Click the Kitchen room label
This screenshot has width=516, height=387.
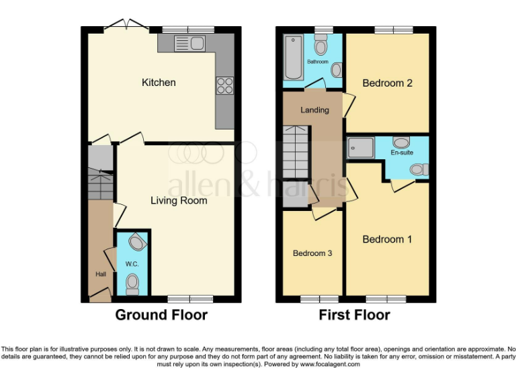coord(159,83)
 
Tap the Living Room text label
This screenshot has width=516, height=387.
coord(179,200)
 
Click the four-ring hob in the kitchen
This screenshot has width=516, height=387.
coord(224,85)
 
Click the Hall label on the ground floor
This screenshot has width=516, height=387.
coord(101,274)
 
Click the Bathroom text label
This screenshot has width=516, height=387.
coord(318,62)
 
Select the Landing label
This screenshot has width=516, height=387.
coord(314,110)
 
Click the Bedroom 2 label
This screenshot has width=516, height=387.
coord(387,83)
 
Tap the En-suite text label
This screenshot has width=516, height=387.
coord(402,153)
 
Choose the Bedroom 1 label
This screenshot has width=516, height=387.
coord(387,239)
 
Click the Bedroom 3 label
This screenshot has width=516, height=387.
coord(311,253)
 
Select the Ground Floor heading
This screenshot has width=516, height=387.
coord(161,314)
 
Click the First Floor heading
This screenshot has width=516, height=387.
coord(354,314)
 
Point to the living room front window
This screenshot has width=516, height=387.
coord(189,298)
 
